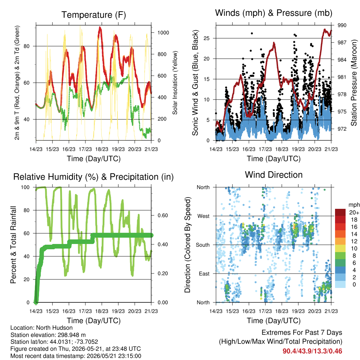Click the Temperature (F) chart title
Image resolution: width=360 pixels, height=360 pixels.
(94, 15)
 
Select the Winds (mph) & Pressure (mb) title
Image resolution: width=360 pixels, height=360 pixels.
(274, 13)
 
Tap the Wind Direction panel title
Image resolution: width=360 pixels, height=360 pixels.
(274, 175)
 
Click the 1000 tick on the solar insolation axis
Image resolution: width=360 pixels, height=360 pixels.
(163, 33)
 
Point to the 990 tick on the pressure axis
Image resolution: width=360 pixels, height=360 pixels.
(342, 25)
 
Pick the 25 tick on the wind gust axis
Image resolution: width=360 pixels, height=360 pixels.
(206, 38)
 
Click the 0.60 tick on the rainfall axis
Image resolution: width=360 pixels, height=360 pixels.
(163, 216)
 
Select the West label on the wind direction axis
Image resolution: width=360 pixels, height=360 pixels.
(204, 216)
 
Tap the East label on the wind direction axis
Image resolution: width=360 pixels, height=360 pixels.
(204, 274)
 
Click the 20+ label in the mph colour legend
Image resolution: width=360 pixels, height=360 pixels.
(354, 212)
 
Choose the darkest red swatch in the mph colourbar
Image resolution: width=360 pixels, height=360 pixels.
(340, 212)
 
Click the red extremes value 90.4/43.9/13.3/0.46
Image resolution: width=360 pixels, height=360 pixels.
(312, 351)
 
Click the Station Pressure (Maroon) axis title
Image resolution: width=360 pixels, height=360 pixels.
(354, 83)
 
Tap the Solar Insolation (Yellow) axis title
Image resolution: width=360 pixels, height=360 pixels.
(175, 83)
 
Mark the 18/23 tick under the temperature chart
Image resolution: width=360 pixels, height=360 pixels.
(102, 149)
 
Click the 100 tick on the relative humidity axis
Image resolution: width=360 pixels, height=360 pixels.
(25, 187)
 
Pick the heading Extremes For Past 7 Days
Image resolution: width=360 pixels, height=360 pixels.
(302, 333)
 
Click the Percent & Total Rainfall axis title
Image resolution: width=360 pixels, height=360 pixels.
(14, 245)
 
